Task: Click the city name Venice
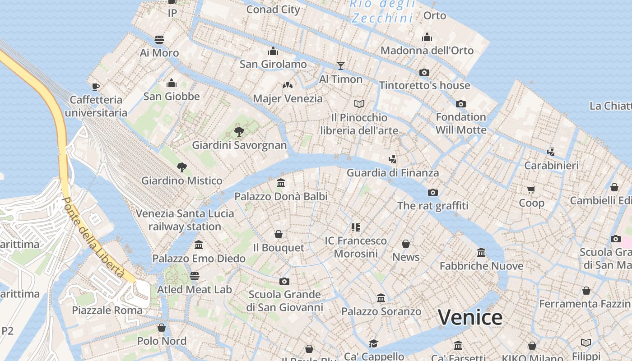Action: (x=470, y=317)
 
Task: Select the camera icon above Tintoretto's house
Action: (x=424, y=72)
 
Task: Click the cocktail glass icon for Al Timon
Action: (x=341, y=66)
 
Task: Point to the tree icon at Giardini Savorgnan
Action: (x=239, y=132)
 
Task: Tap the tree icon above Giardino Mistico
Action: (x=182, y=167)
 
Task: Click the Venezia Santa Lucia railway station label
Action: (x=185, y=220)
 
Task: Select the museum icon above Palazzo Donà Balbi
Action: (x=281, y=183)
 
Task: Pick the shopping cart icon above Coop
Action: (x=531, y=190)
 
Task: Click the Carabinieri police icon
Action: (x=551, y=152)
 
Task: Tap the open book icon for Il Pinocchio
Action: (x=359, y=104)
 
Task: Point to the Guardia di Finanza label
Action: (x=392, y=173)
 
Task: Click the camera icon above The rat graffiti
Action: (x=432, y=193)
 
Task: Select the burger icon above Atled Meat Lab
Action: (x=195, y=276)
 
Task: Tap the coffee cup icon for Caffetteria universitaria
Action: (x=95, y=86)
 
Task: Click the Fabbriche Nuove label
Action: (x=481, y=266)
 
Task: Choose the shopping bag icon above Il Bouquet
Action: (x=279, y=235)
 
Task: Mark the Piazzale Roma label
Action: (x=107, y=310)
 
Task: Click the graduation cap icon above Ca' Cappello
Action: (x=373, y=343)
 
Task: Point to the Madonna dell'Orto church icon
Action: (x=427, y=37)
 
